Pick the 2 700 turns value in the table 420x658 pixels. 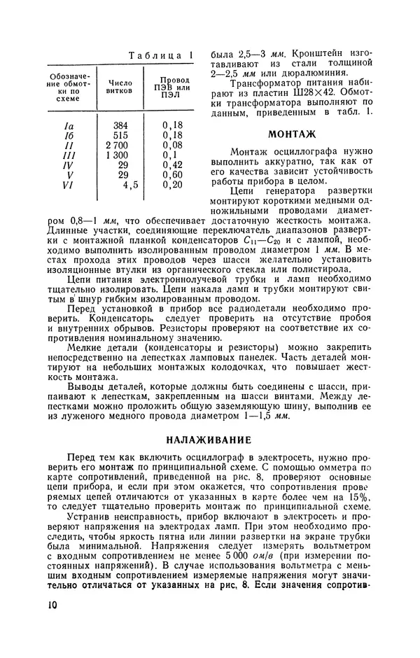coord(117,145)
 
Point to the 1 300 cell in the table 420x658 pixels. coord(117,155)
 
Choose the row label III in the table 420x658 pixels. coord(68,155)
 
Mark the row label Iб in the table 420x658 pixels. coord(68,136)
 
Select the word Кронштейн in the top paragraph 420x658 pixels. coord(303,54)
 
